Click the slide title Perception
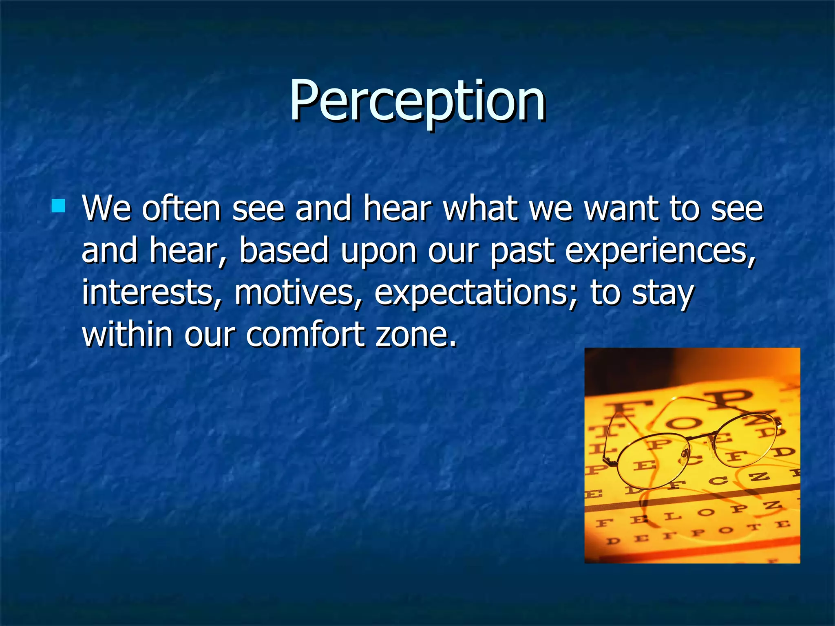[417, 101]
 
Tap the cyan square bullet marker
[59, 206]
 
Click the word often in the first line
[181, 209]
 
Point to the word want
[621, 209]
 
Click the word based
[284, 250]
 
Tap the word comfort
[305, 334]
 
